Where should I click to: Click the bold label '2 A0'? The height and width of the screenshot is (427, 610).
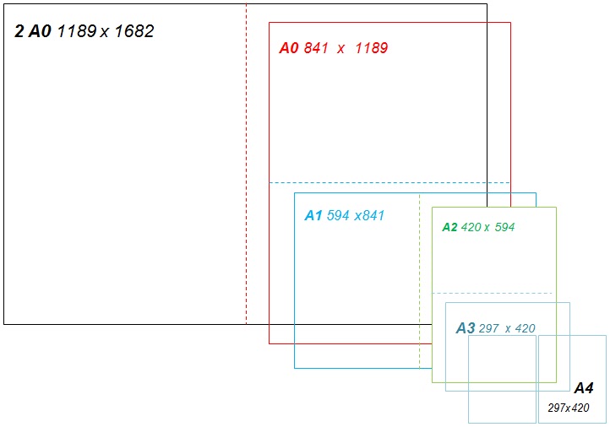(33, 32)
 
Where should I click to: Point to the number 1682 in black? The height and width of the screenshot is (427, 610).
(133, 32)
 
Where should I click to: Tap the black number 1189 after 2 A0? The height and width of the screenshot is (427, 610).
(77, 32)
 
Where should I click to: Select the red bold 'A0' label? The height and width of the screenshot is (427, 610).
(289, 48)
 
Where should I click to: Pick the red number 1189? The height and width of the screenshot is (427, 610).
(371, 48)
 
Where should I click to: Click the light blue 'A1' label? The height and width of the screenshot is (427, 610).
(313, 215)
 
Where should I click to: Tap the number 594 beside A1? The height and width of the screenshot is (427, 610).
(338, 215)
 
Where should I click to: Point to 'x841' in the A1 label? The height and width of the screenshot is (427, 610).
(369, 215)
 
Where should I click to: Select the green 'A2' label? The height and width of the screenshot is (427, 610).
(449, 227)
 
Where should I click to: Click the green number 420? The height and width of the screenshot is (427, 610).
(471, 227)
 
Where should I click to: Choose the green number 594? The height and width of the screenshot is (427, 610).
(504, 227)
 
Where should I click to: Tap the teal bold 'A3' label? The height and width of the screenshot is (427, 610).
(465, 328)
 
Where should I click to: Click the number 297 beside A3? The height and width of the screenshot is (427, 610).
(489, 328)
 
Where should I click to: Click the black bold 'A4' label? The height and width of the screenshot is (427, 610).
(583, 388)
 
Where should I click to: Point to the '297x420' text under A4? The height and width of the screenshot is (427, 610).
(568, 408)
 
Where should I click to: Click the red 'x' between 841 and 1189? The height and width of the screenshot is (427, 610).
(341, 49)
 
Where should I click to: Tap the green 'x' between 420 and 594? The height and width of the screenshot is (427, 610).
(487, 228)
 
